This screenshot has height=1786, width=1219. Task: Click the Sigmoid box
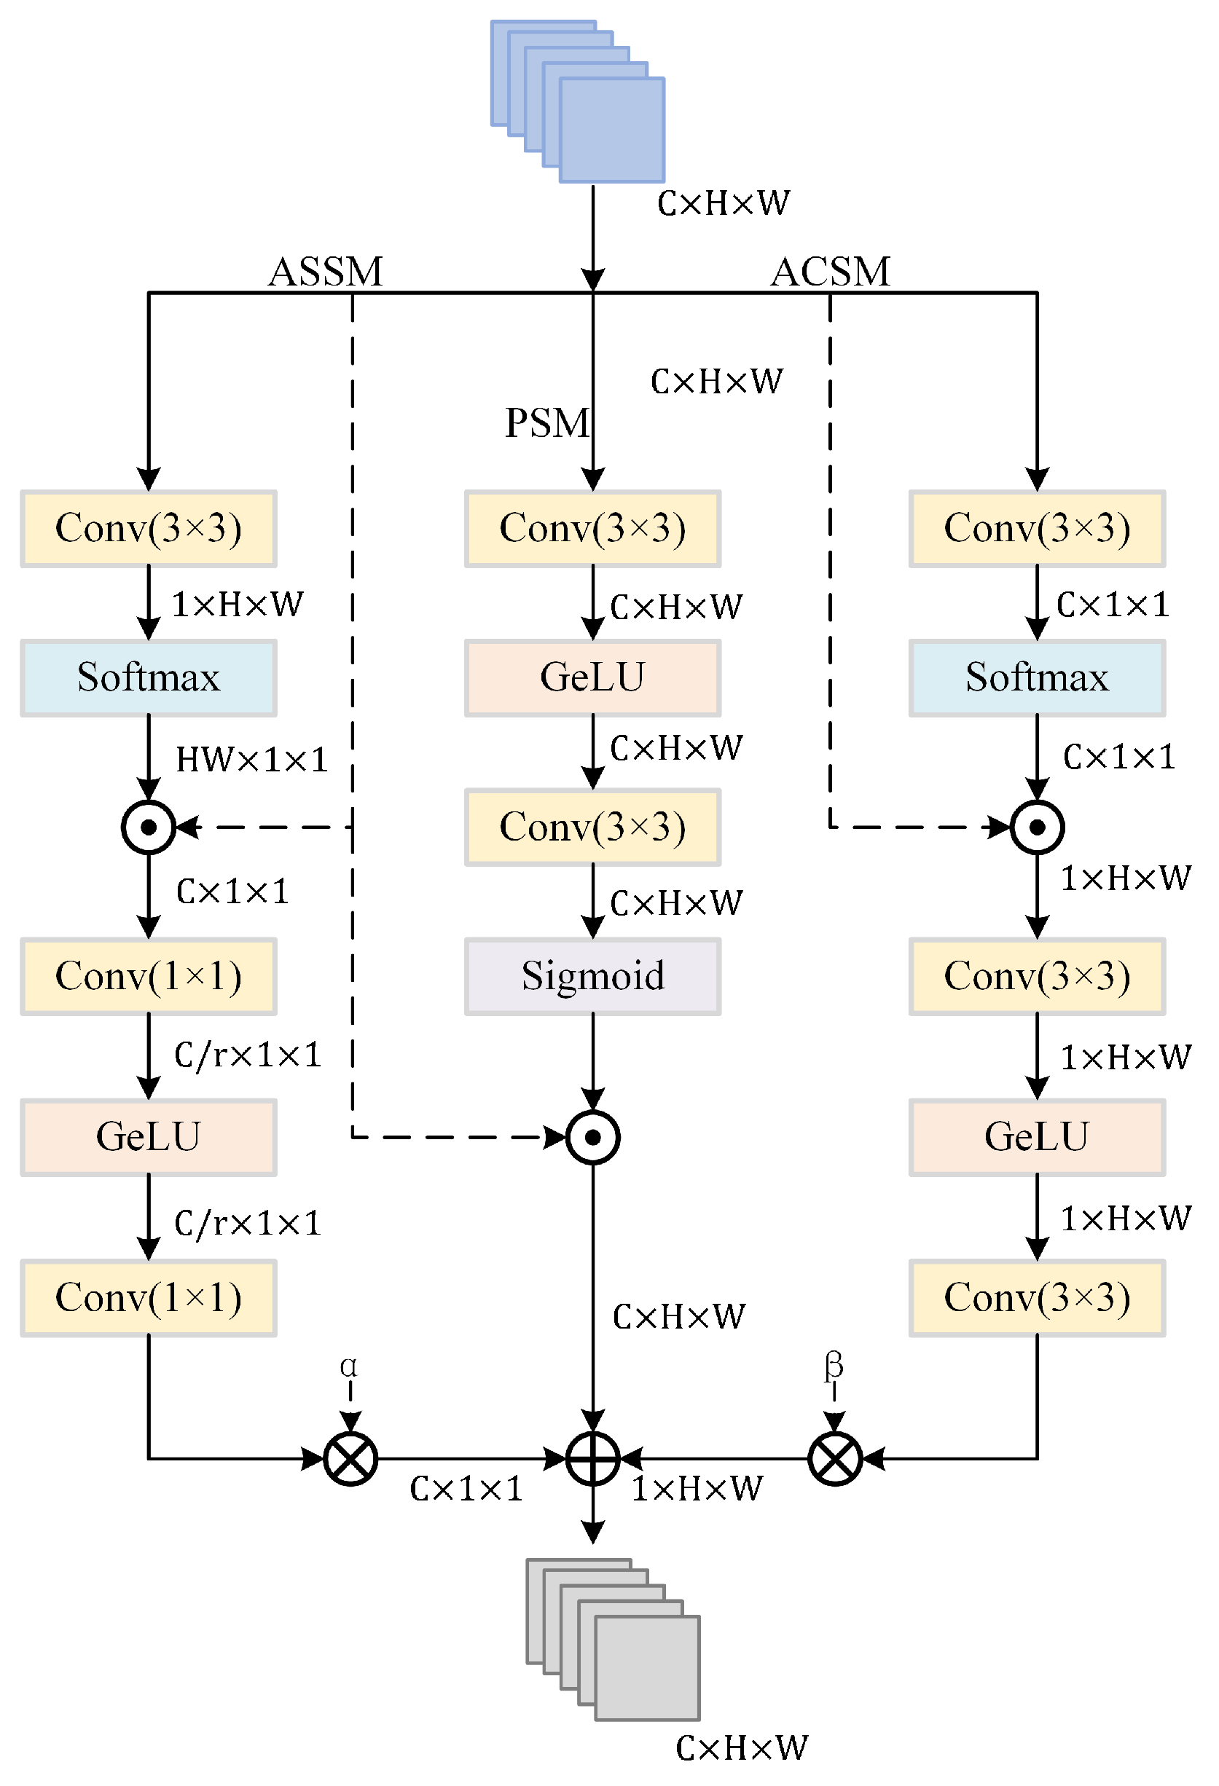pyautogui.click(x=592, y=976)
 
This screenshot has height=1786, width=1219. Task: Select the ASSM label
pyautogui.click(x=325, y=271)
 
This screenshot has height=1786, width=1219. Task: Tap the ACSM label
pyautogui.click(x=830, y=271)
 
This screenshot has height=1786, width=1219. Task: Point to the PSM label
pyautogui.click(x=546, y=422)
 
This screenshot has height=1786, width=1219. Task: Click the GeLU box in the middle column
pyautogui.click(x=592, y=677)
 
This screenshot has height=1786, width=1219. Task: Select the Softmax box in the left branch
pyautogui.click(x=149, y=677)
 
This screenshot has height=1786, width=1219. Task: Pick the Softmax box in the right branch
pyautogui.click(x=1037, y=677)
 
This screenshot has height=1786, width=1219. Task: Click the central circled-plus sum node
pyautogui.click(x=592, y=1457)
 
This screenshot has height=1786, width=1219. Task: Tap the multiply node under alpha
pyautogui.click(x=350, y=1457)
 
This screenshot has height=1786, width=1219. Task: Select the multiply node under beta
pyautogui.click(x=835, y=1457)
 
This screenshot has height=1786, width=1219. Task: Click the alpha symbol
pyautogui.click(x=348, y=1366)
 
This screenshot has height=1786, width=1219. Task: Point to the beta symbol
pyautogui.click(x=834, y=1366)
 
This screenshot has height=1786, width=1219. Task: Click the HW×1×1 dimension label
pyautogui.click(x=251, y=759)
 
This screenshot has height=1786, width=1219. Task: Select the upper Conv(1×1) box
pyautogui.click(x=149, y=976)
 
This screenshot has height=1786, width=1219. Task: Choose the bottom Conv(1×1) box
pyautogui.click(x=149, y=1297)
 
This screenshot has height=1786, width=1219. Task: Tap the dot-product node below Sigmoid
pyautogui.click(x=592, y=1136)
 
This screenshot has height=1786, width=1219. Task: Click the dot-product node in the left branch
pyautogui.click(x=149, y=827)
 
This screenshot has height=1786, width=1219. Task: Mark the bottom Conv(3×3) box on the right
pyautogui.click(x=1037, y=1297)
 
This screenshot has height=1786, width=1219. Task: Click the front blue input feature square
pyautogui.click(x=612, y=130)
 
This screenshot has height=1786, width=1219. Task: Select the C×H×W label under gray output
pyautogui.click(x=742, y=1747)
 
